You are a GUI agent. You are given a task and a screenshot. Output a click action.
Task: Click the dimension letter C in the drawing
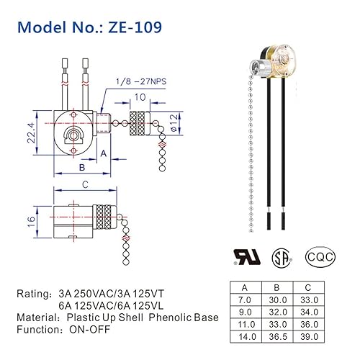(86, 185)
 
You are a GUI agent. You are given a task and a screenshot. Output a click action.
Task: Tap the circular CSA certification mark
(278, 257)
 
